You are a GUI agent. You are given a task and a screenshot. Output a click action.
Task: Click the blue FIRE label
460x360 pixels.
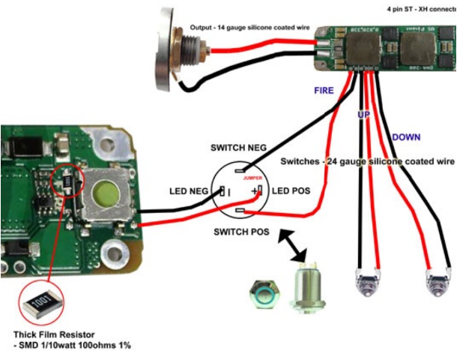click(x=324, y=90)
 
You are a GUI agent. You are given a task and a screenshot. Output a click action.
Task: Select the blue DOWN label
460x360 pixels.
click(x=406, y=137)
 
